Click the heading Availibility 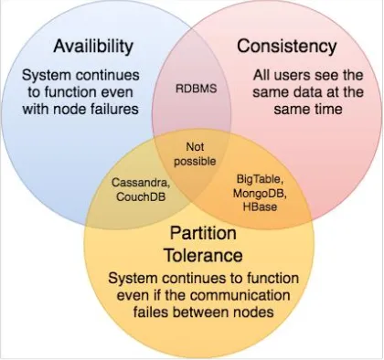click(x=95, y=45)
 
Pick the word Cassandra click(x=139, y=182)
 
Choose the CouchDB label click(x=139, y=195)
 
